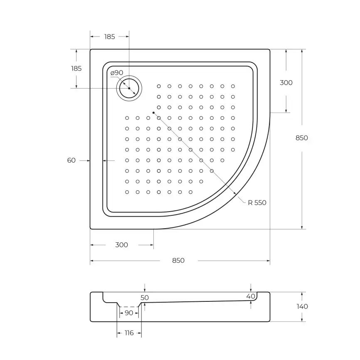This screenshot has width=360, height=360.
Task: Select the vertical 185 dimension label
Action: [76, 69]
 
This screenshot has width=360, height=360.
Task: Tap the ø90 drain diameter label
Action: [117, 73]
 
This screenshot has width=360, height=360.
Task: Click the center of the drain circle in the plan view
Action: [129, 88]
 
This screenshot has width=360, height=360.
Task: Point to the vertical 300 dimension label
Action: [286, 83]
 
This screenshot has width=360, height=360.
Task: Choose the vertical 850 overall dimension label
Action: [302, 138]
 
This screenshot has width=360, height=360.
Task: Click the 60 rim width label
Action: [72, 160]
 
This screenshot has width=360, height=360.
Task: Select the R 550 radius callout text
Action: [257, 203]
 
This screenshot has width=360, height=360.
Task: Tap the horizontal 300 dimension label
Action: [121, 245]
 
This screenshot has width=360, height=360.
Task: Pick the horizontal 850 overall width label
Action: [178, 261]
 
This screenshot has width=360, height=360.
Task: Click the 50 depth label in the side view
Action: [145, 298]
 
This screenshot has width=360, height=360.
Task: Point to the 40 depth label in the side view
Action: [251, 296]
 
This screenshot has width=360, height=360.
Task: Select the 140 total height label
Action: [302, 306]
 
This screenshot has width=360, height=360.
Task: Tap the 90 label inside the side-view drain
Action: [129, 313]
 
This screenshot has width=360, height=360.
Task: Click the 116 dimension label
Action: [129, 333]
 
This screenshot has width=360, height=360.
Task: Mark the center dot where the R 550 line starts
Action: [153, 113]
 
